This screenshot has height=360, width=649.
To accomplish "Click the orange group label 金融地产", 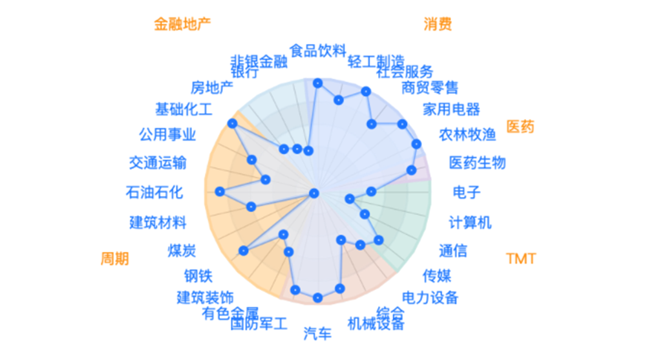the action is [182, 24].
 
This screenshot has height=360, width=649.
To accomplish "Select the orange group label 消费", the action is [438, 24].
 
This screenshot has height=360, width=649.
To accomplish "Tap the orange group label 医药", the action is [520, 126].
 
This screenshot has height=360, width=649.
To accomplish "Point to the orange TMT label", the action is [521, 259].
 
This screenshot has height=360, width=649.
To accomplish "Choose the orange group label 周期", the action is [114, 259].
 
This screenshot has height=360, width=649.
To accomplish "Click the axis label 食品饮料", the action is [318, 50].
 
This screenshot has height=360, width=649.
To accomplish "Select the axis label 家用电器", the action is [452, 109].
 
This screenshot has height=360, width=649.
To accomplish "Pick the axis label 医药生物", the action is [478, 162].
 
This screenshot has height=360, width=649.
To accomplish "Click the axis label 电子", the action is [467, 192].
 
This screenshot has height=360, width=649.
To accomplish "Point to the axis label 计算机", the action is [470, 222].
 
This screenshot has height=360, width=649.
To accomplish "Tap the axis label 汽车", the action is [317, 334].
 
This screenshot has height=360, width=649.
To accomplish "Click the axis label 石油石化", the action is [154, 192].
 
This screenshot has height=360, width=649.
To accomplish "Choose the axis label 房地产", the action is [212, 87].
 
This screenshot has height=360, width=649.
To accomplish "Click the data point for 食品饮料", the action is [317, 83].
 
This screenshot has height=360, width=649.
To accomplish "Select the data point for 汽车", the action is [317, 297].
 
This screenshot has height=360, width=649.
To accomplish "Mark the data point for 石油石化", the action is [220, 191].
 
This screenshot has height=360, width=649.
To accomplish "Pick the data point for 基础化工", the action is [233, 123].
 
